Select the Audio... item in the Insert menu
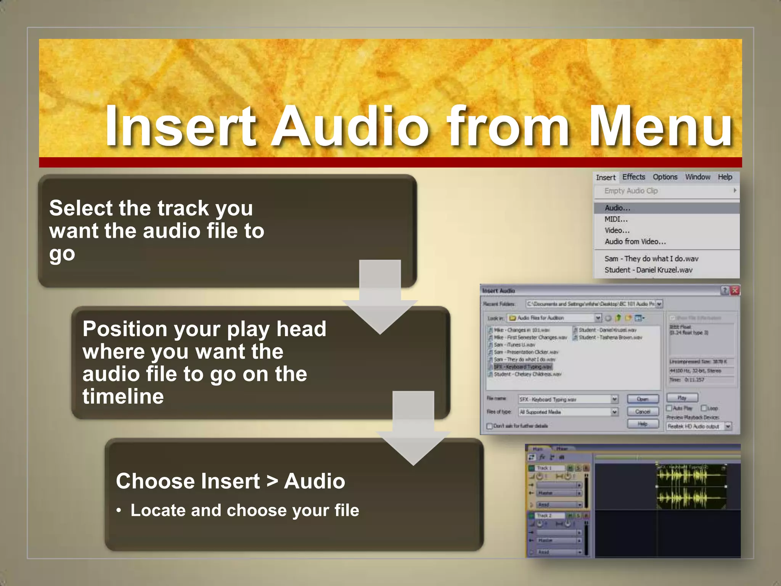coord(617,208)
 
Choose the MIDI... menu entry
coord(616,219)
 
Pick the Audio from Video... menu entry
coord(635,241)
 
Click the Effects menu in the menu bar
coord(633,177)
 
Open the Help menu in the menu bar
coord(725,177)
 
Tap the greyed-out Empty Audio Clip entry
coord(631,191)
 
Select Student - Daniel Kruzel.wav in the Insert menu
coord(648,270)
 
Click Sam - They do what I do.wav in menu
coord(651,259)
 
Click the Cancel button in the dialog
coord(643,412)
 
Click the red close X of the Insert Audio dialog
coord(735,291)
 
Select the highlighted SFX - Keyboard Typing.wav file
coord(523,367)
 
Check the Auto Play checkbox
coord(669,408)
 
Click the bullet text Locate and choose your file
coord(245,510)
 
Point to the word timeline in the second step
coord(123,396)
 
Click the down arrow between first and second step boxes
coord(380,298)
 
